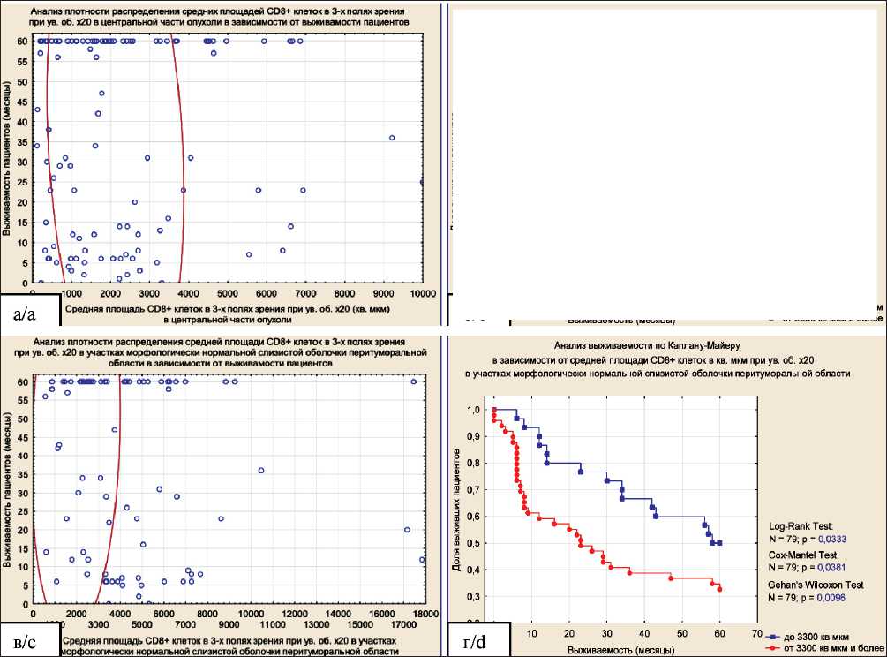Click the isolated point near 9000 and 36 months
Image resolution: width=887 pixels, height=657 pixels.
pyautogui.click(x=392, y=138)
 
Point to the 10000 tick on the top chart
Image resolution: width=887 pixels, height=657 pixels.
pyautogui.click(x=422, y=293)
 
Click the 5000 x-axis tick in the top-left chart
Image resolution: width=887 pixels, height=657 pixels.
pyautogui.click(x=227, y=293)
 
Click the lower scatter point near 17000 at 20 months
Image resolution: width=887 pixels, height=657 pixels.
pyautogui.click(x=407, y=530)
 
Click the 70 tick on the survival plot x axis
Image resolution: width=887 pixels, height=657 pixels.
pyautogui.click(x=757, y=634)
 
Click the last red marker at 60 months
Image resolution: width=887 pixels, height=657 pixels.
pyautogui.click(x=719, y=589)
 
